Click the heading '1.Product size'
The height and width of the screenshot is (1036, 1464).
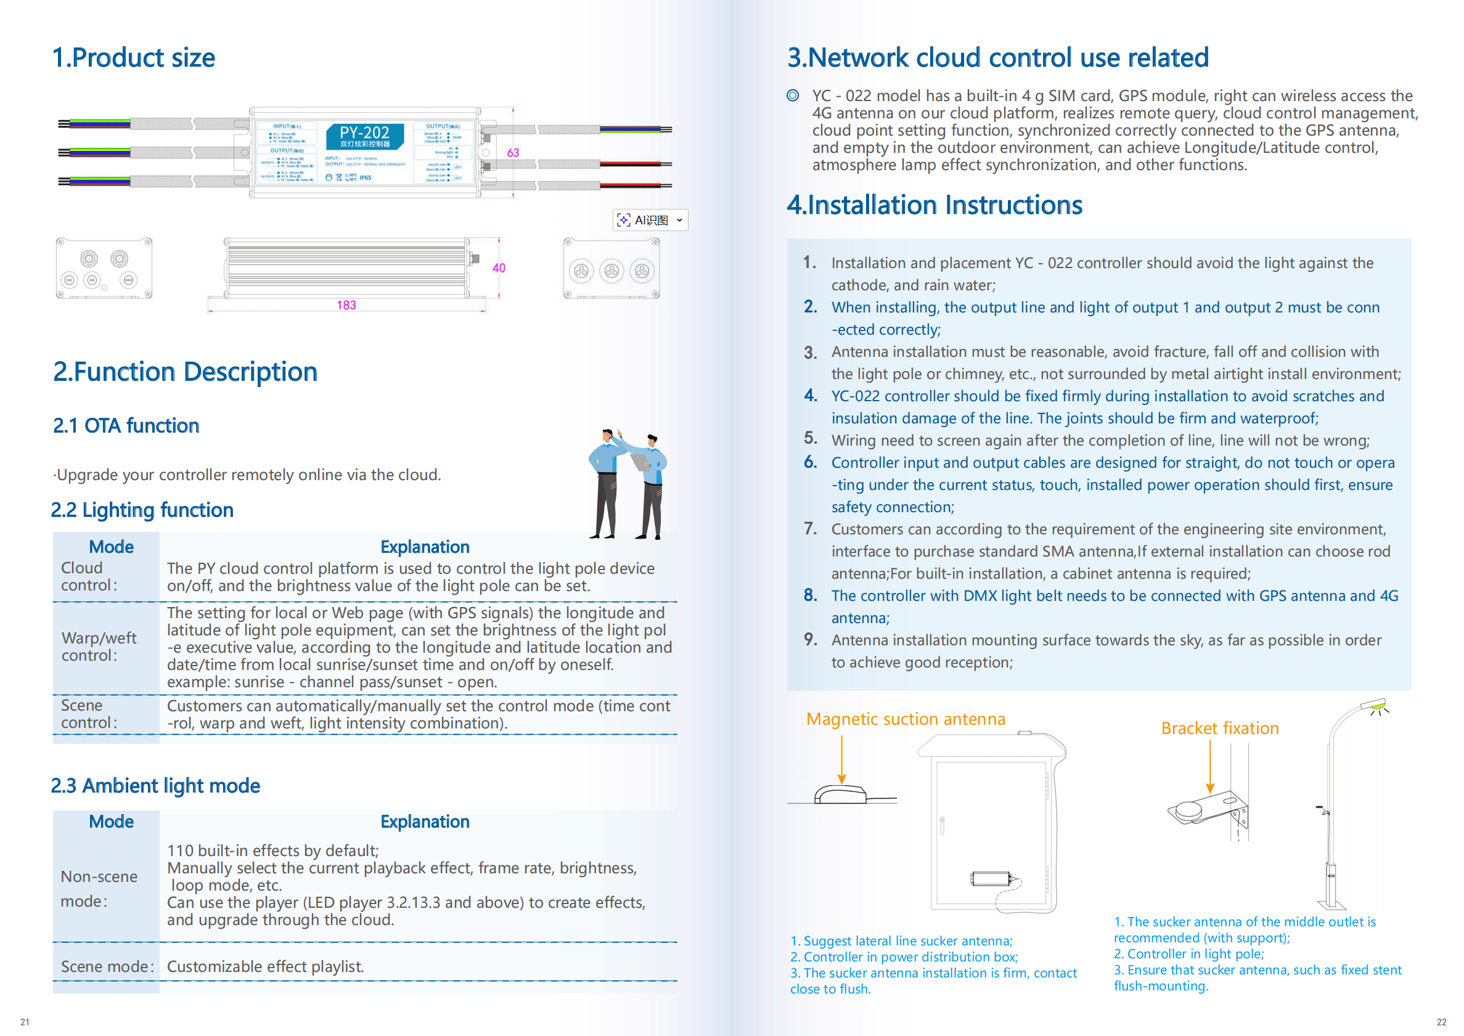(x=134, y=57)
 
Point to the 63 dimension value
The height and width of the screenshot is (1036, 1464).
(x=513, y=152)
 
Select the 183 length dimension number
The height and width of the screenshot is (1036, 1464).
(x=346, y=306)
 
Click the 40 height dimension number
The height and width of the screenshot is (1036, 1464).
(x=499, y=268)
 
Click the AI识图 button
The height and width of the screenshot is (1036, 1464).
(x=650, y=220)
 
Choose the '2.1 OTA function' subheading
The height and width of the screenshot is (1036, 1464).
(x=126, y=425)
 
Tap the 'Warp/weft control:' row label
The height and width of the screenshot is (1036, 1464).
(x=99, y=646)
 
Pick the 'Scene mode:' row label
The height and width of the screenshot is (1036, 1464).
(x=107, y=966)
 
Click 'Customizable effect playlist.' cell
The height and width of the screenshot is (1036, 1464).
(x=266, y=966)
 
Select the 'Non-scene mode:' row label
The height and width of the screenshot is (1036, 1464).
(x=99, y=889)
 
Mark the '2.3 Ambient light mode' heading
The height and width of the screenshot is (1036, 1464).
(x=156, y=785)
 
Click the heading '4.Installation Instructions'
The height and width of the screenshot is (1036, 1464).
(x=934, y=205)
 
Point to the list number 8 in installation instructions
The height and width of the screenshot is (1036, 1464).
(x=810, y=595)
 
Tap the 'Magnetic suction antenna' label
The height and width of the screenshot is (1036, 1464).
(x=905, y=719)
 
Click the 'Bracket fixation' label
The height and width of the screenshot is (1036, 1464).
(x=1220, y=728)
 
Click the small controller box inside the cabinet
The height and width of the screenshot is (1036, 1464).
(x=991, y=878)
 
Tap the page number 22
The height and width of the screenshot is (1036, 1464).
(x=1441, y=1022)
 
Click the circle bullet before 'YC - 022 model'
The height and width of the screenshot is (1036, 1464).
(x=793, y=96)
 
